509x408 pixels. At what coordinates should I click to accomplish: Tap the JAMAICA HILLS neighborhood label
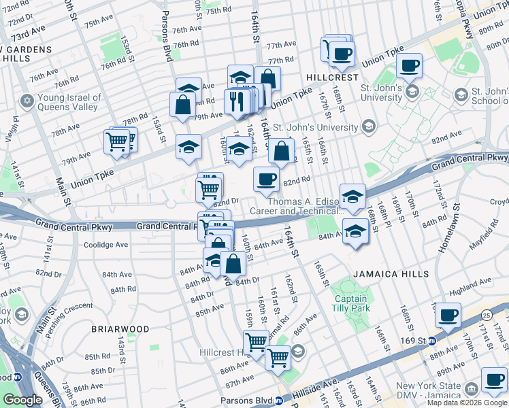[x=391, y=273]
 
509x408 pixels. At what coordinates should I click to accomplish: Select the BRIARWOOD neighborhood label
[x=120, y=328]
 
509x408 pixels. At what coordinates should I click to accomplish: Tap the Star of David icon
[x=27, y=101]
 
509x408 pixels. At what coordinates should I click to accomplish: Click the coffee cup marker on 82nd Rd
[x=266, y=180]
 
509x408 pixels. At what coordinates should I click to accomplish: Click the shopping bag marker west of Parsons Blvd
[x=182, y=105]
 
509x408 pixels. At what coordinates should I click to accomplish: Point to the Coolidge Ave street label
[x=105, y=245]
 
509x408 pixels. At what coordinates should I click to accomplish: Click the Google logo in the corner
[x=22, y=400]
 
